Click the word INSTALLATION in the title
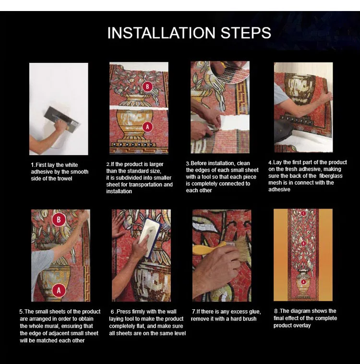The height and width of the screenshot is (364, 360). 161,33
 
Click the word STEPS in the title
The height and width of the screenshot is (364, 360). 246,33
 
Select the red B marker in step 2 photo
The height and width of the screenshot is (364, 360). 147,87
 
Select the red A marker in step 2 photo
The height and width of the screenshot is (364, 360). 147,127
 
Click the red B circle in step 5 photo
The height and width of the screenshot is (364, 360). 59,220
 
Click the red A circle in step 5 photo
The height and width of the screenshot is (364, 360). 59,291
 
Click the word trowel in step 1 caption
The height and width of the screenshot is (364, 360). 65,178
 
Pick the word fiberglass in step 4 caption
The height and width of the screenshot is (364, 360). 331,176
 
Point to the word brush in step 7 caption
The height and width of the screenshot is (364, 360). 250,319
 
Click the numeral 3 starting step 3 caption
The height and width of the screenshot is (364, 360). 187,164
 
